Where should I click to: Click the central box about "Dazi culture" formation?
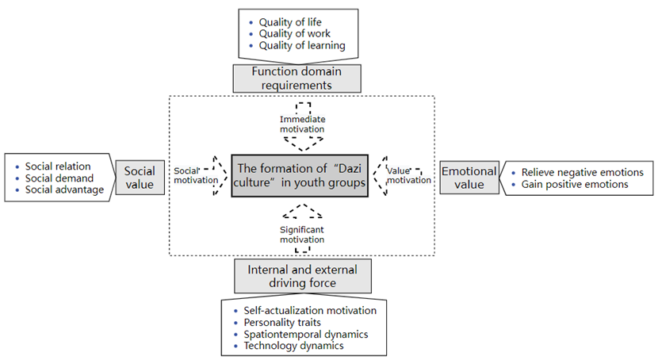click(x=300, y=175)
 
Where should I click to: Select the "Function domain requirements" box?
click(x=296, y=78)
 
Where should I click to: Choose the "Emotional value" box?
click(x=469, y=178)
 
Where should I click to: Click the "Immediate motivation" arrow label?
click(x=302, y=124)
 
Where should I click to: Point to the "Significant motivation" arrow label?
click(x=302, y=234)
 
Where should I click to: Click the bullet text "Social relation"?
click(x=58, y=167)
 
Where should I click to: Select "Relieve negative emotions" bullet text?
click(x=582, y=172)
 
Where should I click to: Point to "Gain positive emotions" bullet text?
click(x=574, y=184)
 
